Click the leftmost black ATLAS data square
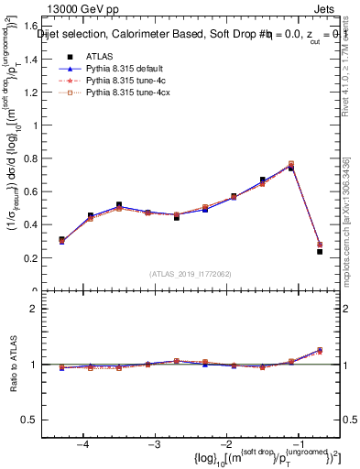point(61,240)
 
